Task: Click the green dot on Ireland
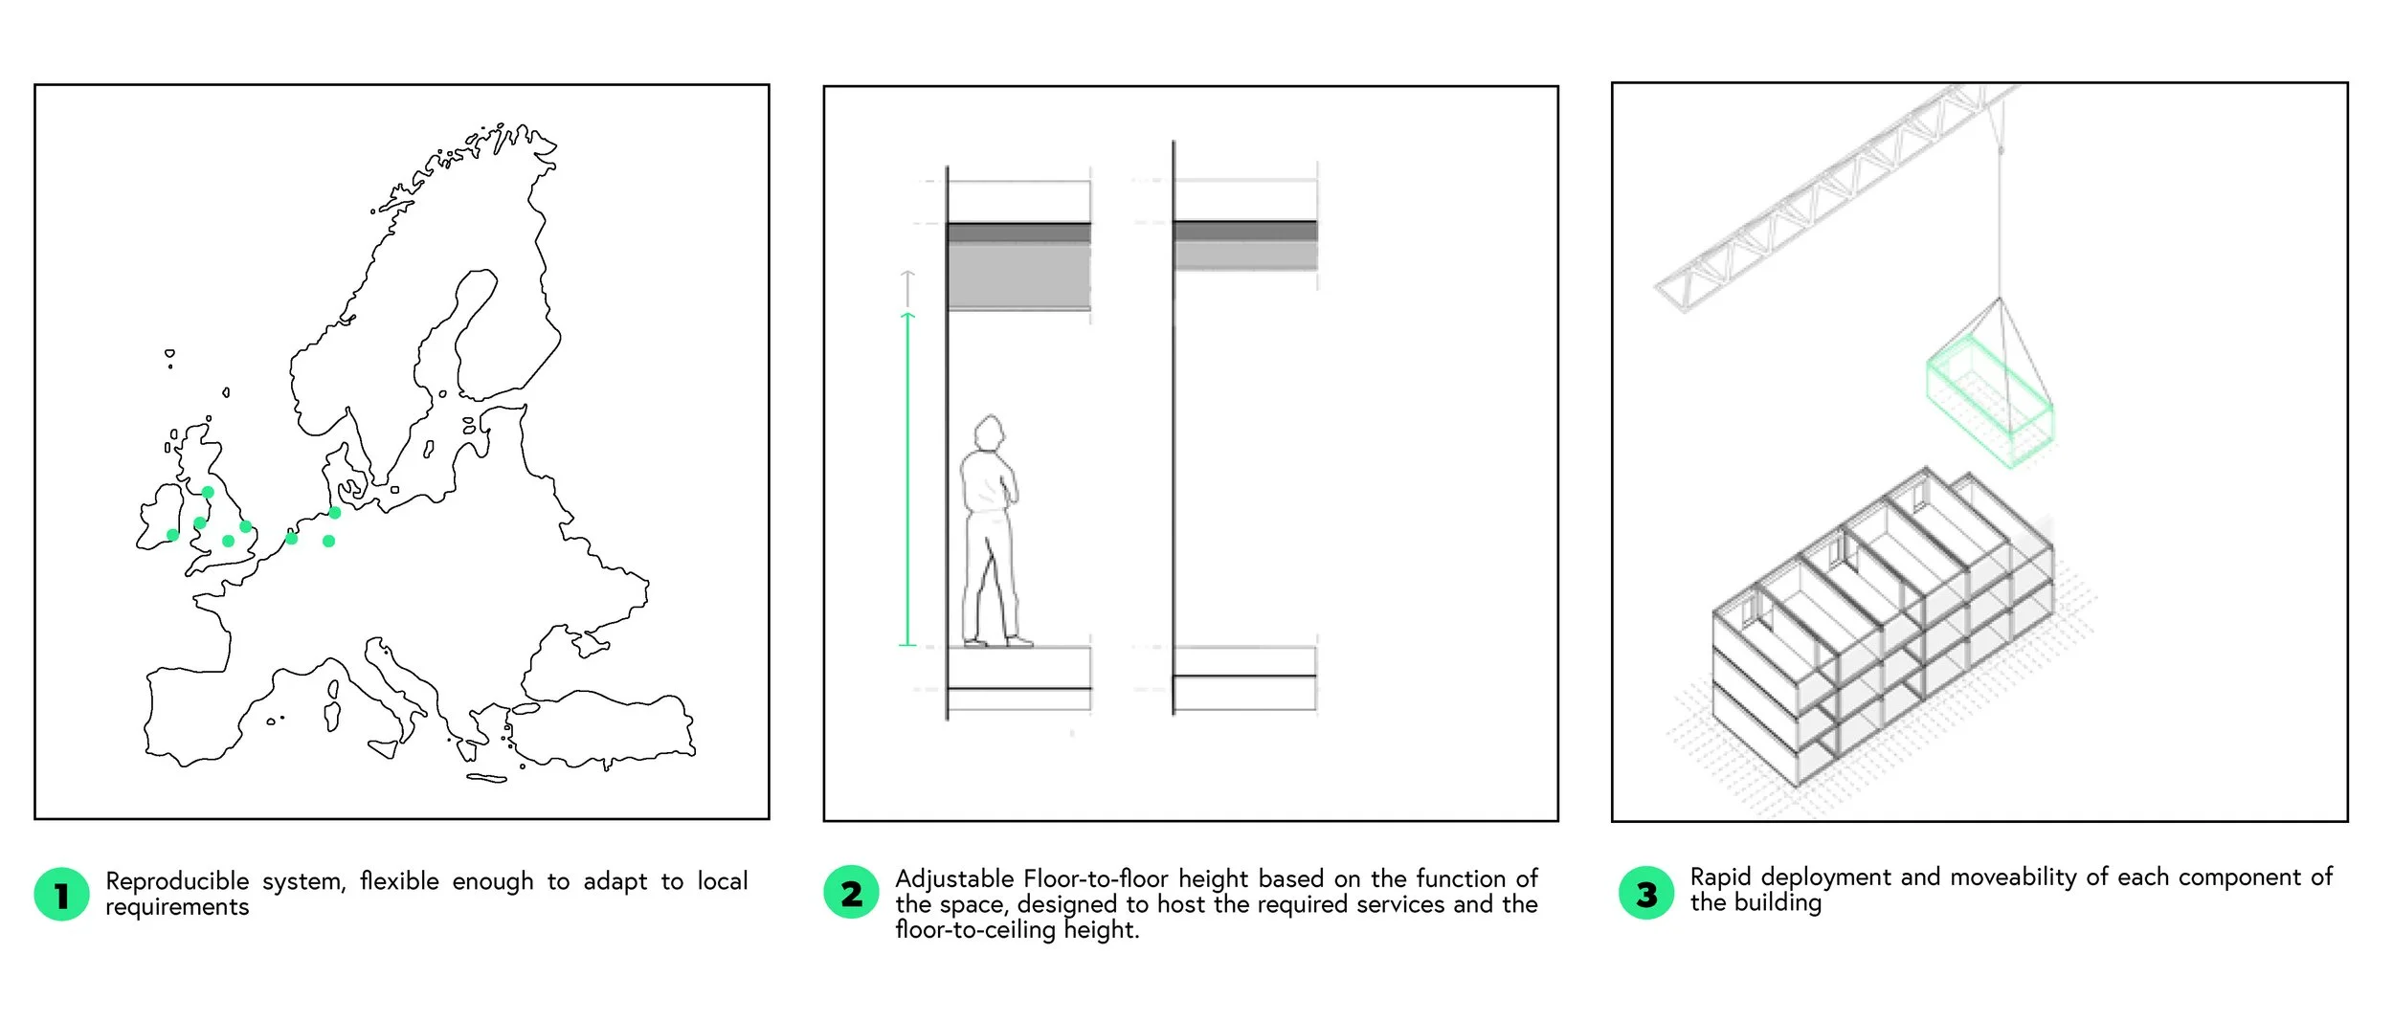coord(172,535)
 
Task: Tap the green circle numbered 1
coord(61,895)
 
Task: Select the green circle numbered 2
coord(851,893)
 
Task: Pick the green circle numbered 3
coord(1646,893)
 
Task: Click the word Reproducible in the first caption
coord(177,880)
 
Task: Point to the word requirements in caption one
coord(177,907)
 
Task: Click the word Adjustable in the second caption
coord(954,878)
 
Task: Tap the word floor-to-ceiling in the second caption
coord(975,929)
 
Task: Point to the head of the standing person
coord(990,433)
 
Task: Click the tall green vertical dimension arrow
coord(908,478)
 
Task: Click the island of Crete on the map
coord(486,778)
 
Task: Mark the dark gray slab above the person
coord(1018,233)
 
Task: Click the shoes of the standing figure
coord(999,641)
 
